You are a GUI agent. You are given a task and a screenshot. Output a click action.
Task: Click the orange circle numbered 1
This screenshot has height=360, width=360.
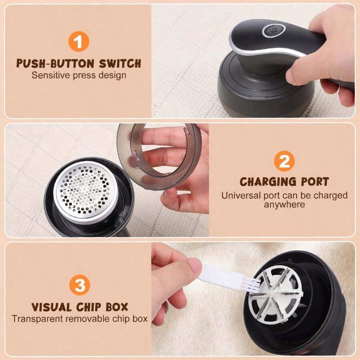pyautogui.click(x=78, y=42)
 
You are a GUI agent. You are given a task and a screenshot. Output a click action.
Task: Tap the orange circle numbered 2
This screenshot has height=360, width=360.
pyautogui.click(x=284, y=162)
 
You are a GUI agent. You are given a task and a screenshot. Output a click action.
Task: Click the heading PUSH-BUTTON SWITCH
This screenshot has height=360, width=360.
pyautogui.click(x=78, y=63)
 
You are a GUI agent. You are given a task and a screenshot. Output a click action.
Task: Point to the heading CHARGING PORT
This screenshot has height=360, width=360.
pyautogui.click(x=284, y=182)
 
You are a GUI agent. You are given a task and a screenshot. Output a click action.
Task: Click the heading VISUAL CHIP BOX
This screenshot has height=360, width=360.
pyautogui.click(x=80, y=307)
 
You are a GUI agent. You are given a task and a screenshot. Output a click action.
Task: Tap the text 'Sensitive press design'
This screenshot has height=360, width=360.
pyautogui.click(x=79, y=75)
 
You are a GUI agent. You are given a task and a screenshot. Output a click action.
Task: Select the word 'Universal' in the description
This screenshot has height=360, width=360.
pyautogui.click(x=239, y=196)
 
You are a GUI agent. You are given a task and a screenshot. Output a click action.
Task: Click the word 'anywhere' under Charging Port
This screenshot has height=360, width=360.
pyautogui.click(x=284, y=204)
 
